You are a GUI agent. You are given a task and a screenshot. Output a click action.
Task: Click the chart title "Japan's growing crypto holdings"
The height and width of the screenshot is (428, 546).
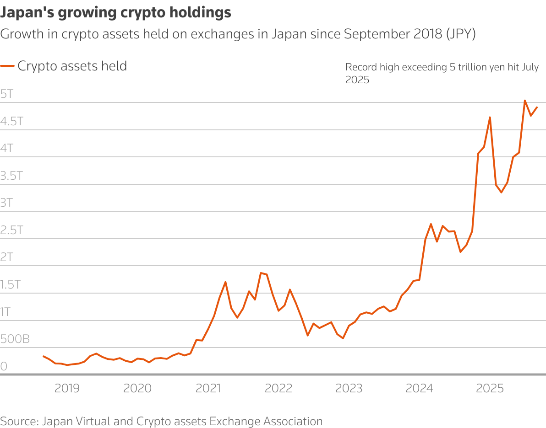click(x=115, y=13)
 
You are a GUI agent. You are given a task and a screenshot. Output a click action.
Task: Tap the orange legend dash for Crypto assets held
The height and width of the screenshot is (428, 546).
click(x=7, y=66)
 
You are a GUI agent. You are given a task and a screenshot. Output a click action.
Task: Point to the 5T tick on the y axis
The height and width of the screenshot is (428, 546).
click(x=7, y=94)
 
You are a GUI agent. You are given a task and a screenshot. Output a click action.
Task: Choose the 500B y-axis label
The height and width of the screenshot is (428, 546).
click(x=15, y=339)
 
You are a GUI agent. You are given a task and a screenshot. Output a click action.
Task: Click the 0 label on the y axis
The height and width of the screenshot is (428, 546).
click(x=4, y=366)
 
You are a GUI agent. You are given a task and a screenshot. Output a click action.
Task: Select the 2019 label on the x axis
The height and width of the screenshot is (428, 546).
click(x=67, y=389)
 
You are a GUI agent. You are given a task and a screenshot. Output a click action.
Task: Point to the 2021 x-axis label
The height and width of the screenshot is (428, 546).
click(x=208, y=389)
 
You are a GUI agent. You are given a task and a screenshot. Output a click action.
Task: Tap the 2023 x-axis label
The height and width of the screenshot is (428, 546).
click(x=349, y=389)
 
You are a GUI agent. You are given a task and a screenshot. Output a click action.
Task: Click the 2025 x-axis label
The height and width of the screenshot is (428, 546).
click(x=490, y=389)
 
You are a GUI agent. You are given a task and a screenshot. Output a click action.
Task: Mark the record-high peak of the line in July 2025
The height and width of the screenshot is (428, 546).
click(x=525, y=101)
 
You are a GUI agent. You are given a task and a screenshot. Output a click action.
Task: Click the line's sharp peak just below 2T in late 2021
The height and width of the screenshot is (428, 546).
click(x=261, y=273)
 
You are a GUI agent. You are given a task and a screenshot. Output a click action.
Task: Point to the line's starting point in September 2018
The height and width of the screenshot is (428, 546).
click(x=44, y=356)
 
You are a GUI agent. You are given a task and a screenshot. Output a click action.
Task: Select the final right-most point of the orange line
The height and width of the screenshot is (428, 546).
click(x=537, y=107)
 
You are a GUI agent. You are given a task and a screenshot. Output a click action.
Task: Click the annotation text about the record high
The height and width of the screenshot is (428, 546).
click(x=442, y=73)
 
